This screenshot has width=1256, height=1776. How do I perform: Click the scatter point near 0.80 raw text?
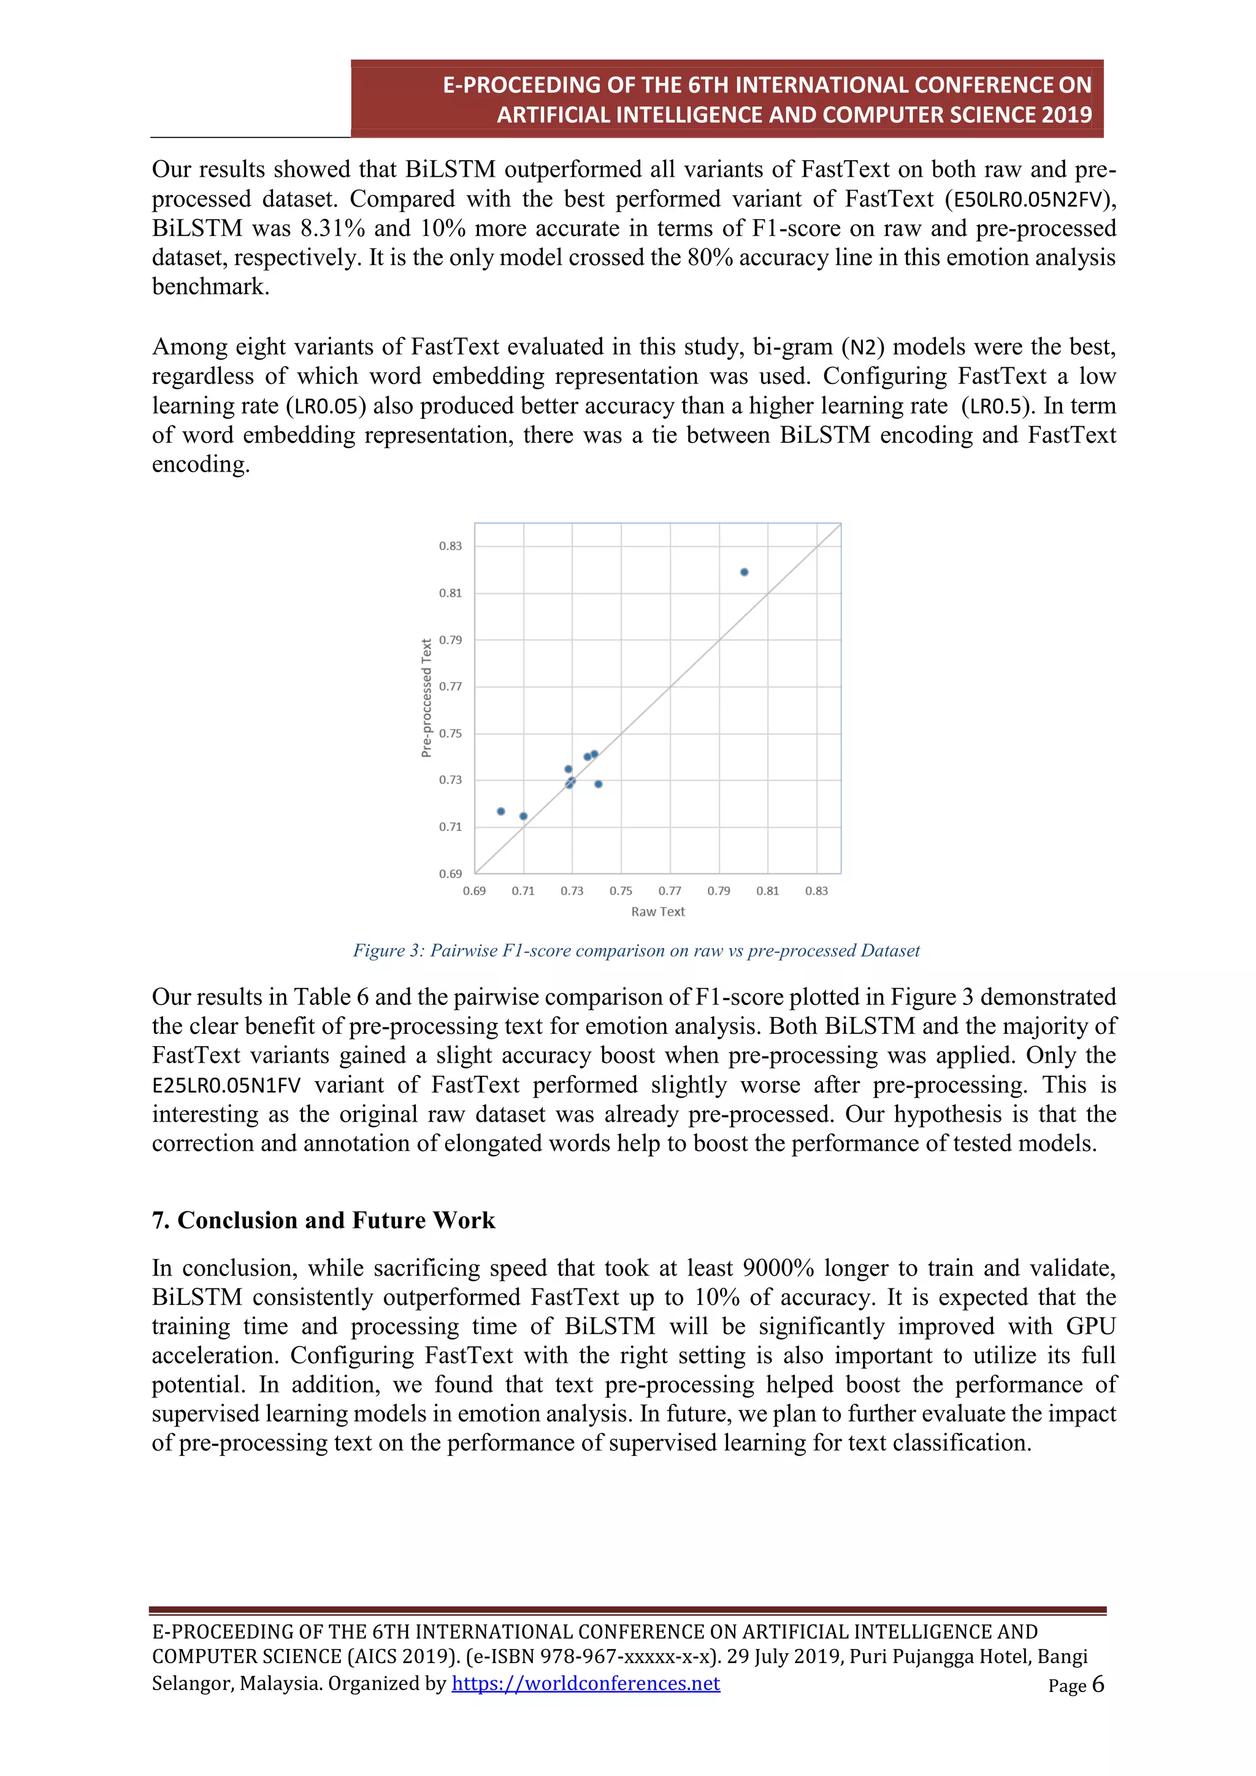[x=744, y=572]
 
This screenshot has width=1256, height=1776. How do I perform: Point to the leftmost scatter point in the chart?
[x=501, y=811]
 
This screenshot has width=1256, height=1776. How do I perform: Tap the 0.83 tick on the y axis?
[x=450, y=546]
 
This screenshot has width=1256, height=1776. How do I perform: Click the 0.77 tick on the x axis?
[x=670, y=891]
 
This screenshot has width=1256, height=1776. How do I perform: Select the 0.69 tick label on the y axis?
[x=450, y=874]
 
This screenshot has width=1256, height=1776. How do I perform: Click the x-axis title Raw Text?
[x=657, y=912]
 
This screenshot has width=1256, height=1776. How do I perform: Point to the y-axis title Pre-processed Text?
[x=426, y=698]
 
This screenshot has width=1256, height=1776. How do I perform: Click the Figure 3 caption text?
[x=636, y=951]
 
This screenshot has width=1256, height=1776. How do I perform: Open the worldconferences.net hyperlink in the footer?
[x=586, y=1683]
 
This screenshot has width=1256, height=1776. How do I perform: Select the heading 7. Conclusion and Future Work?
[x=323, y=1220]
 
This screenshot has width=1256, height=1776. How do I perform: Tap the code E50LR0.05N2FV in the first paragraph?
[x=1026, y=199]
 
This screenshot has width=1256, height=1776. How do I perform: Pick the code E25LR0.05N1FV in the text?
[x=226, y=1085]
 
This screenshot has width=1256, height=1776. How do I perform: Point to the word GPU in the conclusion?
[x=1090, y=1326]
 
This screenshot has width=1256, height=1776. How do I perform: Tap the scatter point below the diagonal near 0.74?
[x=598, y=784]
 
